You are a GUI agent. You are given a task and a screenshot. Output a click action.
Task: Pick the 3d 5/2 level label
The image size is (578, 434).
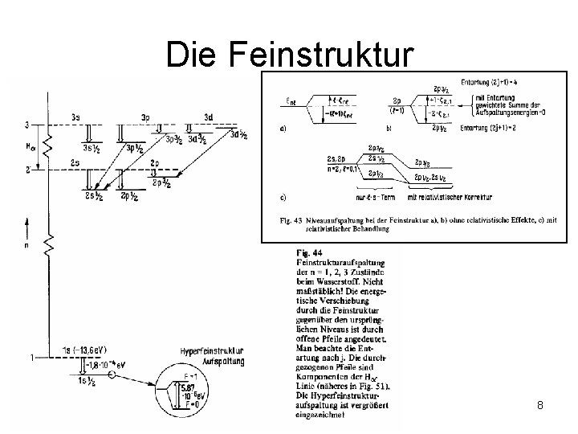tap(238, 135)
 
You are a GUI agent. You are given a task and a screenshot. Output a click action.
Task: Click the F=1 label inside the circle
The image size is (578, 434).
tap(192, 375)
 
